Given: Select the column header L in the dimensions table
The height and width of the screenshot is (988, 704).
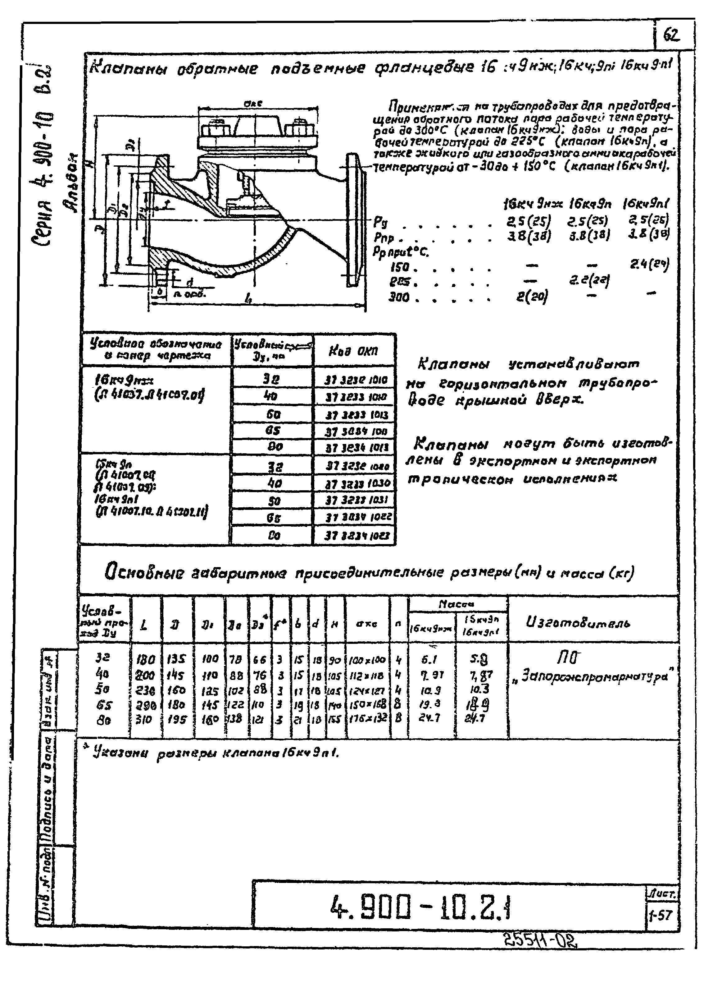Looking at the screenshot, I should (x=144, y=625).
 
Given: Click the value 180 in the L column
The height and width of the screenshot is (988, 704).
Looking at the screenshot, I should (x=145, y=660).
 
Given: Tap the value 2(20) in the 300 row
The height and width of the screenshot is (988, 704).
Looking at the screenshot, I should (x=532, y=297).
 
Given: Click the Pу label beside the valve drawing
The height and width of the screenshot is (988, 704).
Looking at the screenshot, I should (x=381, y=223).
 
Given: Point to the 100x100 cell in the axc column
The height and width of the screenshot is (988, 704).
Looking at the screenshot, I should (x=367, y=660).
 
